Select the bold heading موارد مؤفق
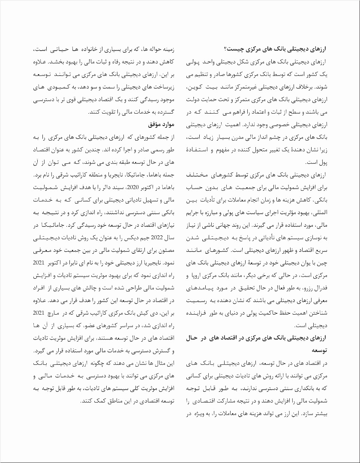(160, 124)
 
